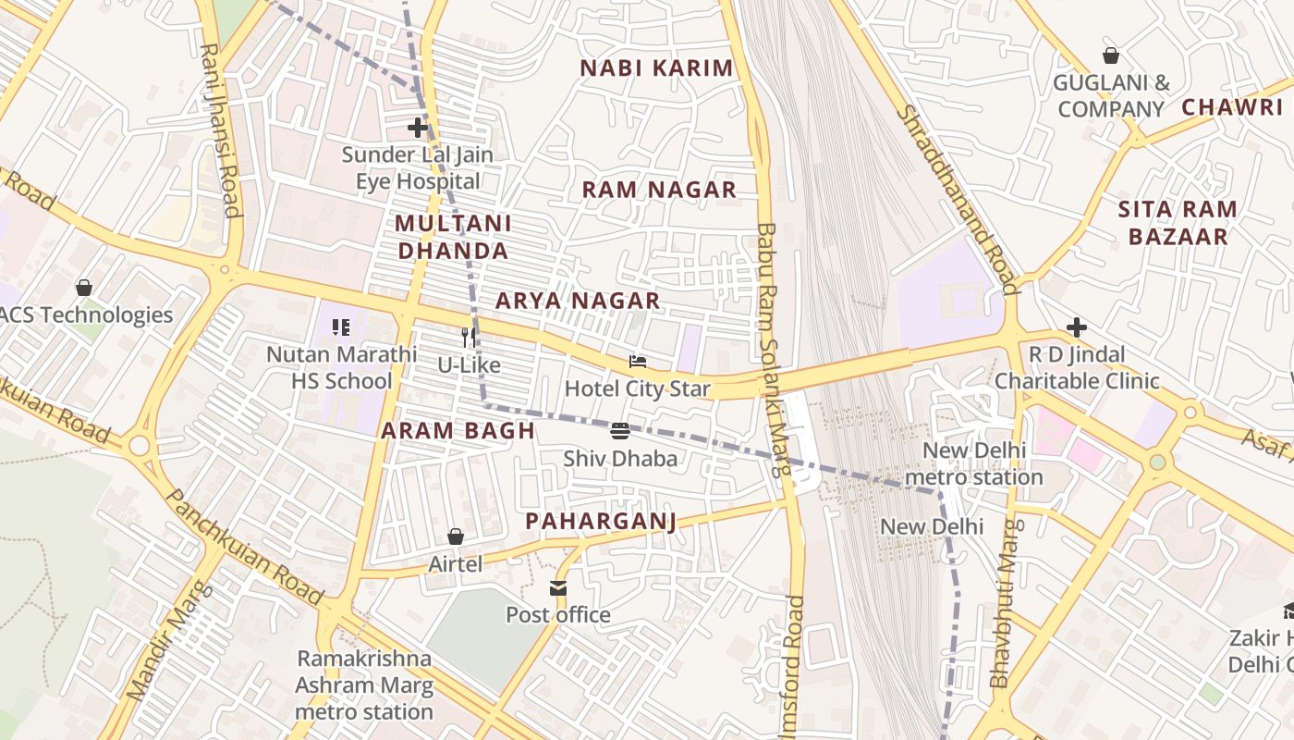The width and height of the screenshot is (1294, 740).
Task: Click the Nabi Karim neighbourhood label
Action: click(656, 68)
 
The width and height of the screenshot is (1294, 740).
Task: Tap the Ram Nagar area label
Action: click(659, 190)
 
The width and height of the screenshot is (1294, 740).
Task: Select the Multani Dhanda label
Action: click(453, 237)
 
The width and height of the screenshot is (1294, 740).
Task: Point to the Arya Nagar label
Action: click(578, 301)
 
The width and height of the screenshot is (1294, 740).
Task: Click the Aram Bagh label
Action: click(458, 430)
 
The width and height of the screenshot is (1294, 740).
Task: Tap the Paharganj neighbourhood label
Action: click(601, 521)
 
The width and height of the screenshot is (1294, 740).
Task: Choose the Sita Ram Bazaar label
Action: click(1178, 222)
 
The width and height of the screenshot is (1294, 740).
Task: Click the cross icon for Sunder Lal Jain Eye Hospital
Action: click(419, 128)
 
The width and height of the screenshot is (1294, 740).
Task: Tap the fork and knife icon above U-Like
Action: click(470, 338)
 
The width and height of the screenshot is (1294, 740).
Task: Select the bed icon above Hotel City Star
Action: click(638, 361)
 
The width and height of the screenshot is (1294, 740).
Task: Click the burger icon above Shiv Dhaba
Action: click(620, 431)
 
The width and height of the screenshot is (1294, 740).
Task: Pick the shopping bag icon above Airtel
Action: click(456, 536)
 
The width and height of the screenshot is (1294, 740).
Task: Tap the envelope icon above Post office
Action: click(558, 588)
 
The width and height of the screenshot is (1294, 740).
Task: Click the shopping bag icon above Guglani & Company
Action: click(1111, 55)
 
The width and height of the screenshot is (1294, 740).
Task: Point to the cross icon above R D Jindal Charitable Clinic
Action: click(1077, 327)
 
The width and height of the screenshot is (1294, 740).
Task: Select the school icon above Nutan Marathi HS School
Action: click(341, 327)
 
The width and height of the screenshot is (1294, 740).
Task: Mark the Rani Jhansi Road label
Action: click(221, 129)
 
